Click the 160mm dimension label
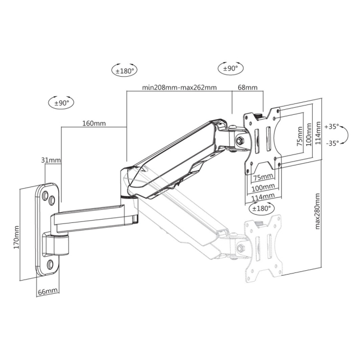tap(94, 123)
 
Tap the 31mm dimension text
tap(51, 160)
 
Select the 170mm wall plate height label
tap(16, 238)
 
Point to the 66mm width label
tap(47, 291)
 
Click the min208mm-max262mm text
tap(179, 88)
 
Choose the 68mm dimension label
tap(247, 88)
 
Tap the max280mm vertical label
tap(317, 211)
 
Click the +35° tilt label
tap(332, 127)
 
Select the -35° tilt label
tap(332, 143)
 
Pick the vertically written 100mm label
tap(309, 134)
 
